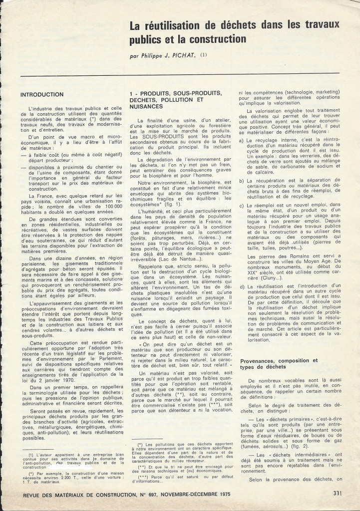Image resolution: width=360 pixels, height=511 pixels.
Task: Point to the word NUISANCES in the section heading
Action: pyautogui.click(x=145, y=106)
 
